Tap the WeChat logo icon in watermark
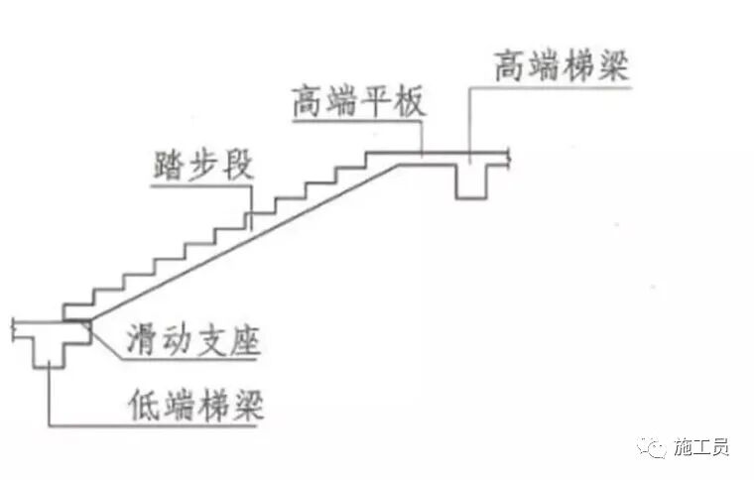point(654,447)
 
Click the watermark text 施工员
point(700,447)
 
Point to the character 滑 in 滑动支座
point(139,342)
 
